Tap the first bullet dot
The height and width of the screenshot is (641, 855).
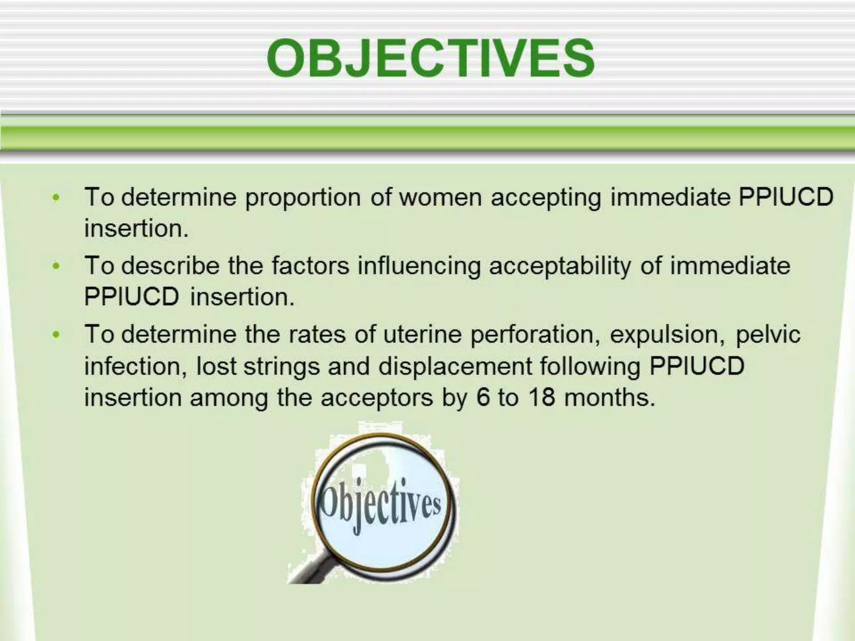tap(56, 197)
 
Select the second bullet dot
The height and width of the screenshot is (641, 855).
tap(56, 266)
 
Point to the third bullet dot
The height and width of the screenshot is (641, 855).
tap(56, 335)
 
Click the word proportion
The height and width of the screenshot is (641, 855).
tap(303, 198)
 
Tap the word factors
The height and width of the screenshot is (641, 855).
tap(310, 265)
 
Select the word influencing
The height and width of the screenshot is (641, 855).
tap(419, 266)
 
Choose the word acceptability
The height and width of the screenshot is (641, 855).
tap(560, 266)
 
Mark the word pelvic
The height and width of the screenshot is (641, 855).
tap(768, 335)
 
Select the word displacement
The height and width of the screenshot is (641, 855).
tap(455, 367)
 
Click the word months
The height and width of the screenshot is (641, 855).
tap(609, 397)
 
